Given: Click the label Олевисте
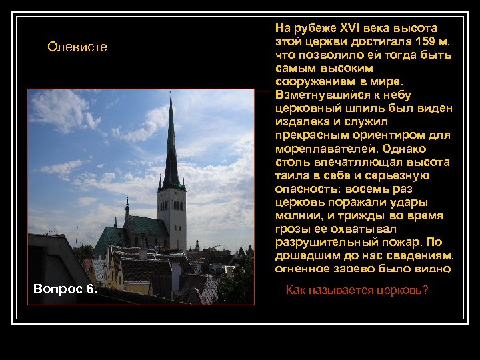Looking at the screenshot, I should tap(77, 47).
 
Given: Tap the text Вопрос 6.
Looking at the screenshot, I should tap(65, 289).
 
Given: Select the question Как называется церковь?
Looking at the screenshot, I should tap(357, 290).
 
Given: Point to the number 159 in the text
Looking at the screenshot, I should tap(417, 42).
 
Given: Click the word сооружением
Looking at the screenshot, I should tap(315, 82).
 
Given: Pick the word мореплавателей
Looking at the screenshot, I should tap(323, 149).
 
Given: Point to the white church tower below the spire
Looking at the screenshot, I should tap(172, 213).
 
